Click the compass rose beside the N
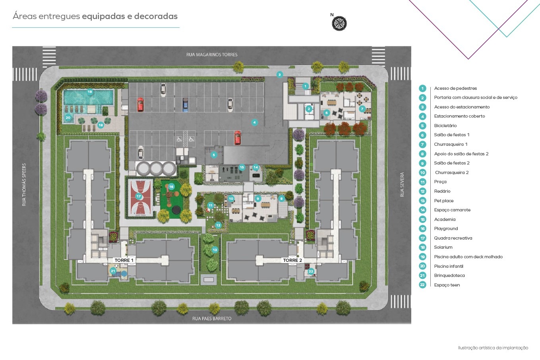point(339,23)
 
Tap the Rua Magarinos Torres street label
point(212,55)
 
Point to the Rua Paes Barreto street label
point(212,319)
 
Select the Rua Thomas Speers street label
point(24,185)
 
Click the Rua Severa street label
point(402,184)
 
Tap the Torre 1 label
point(124,260)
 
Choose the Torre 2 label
point(292,260)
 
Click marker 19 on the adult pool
point(90,92)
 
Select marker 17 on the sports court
point(138,196)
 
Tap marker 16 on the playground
point(171,186)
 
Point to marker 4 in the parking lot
point(254,122)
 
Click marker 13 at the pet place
point(215,250)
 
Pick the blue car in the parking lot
point(185,105)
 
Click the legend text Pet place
point(443,201)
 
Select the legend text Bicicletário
point(445,126)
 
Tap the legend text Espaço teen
point(447,285)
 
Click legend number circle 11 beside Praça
point(422,182)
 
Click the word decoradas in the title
point(156,16)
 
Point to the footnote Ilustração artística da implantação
point(493,348)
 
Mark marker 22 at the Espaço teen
point(311,271)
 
